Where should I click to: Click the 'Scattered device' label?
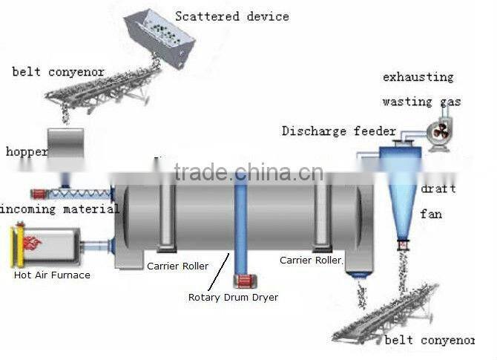232,16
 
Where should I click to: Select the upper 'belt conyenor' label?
58,72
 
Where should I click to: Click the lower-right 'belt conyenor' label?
429,340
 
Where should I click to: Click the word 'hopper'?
27,151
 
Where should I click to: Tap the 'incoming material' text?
59,209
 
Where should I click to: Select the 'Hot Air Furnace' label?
52,275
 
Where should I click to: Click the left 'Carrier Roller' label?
177,266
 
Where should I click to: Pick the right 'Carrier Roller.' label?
312,261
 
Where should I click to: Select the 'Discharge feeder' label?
338,131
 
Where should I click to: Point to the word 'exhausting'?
418,77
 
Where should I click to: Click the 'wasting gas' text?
421,102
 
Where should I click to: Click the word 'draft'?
438,189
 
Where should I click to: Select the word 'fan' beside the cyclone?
431,214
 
